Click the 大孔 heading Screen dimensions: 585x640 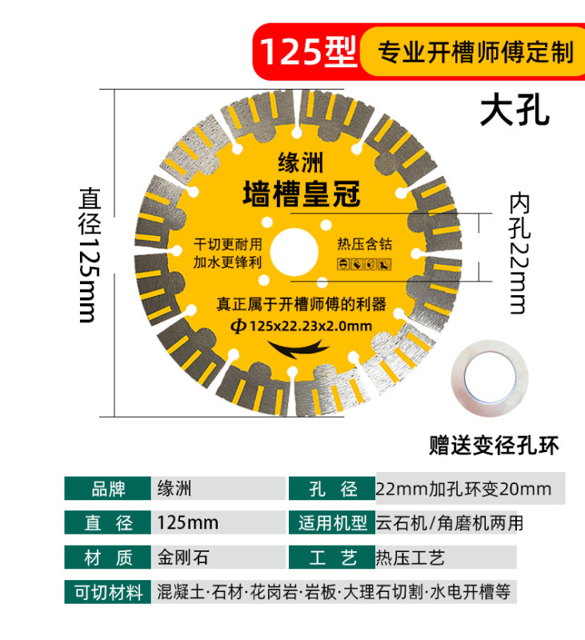point(515,111)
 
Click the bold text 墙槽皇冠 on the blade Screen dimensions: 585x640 point(302,193)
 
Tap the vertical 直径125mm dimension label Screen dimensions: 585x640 point(89,254)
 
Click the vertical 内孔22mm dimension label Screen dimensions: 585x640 point(519,254)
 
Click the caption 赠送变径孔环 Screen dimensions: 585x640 point(493,445)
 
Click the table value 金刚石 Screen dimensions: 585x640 point(183,557)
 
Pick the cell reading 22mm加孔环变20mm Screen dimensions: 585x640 point(463,488)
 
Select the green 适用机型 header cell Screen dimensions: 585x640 point(331,523)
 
